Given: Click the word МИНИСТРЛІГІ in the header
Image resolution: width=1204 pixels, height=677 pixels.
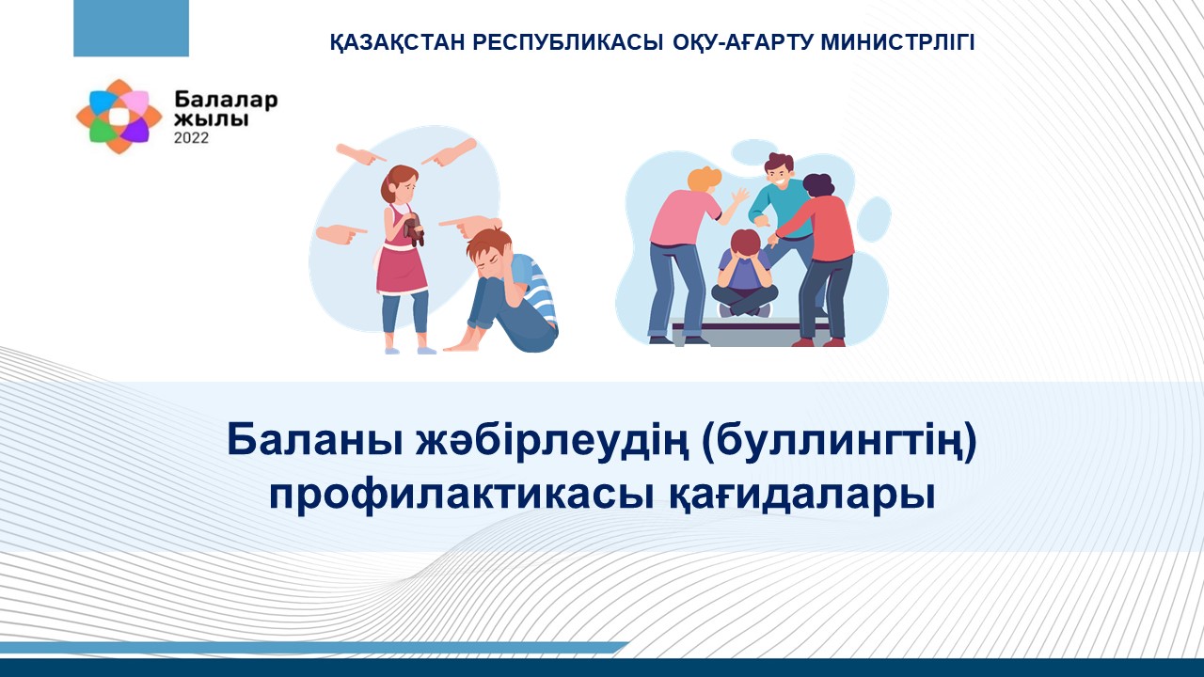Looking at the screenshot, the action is [x=897, y=42].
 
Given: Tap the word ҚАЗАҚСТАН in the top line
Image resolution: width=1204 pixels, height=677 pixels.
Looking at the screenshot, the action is [x=397, y=43].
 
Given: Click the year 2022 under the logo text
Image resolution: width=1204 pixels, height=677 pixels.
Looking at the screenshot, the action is [x=191, y=138].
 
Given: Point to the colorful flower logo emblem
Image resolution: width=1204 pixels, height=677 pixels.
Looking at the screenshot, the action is [x=119, y=116].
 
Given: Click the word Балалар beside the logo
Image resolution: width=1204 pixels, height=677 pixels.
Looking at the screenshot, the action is [x=226, y=100].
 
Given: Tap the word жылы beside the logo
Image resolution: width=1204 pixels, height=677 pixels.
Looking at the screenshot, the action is [x=212, y=118].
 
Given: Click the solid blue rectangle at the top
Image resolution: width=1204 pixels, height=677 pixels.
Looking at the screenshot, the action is [x=131, y=28].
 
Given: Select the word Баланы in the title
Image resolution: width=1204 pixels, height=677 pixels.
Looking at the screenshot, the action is [x=314, y=440].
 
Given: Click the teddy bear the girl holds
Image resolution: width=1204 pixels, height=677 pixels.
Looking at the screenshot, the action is [x=415, y=229].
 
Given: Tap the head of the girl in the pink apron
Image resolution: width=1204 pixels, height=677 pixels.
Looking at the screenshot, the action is [x=400, y=183].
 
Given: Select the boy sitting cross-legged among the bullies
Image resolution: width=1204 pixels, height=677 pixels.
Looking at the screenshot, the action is [x=744, y=274].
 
